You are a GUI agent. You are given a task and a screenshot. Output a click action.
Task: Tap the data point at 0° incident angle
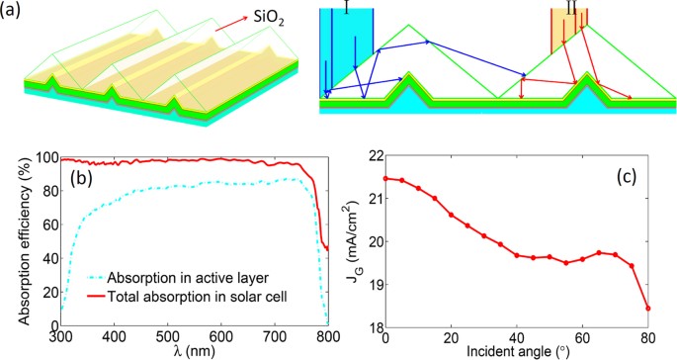384,179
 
